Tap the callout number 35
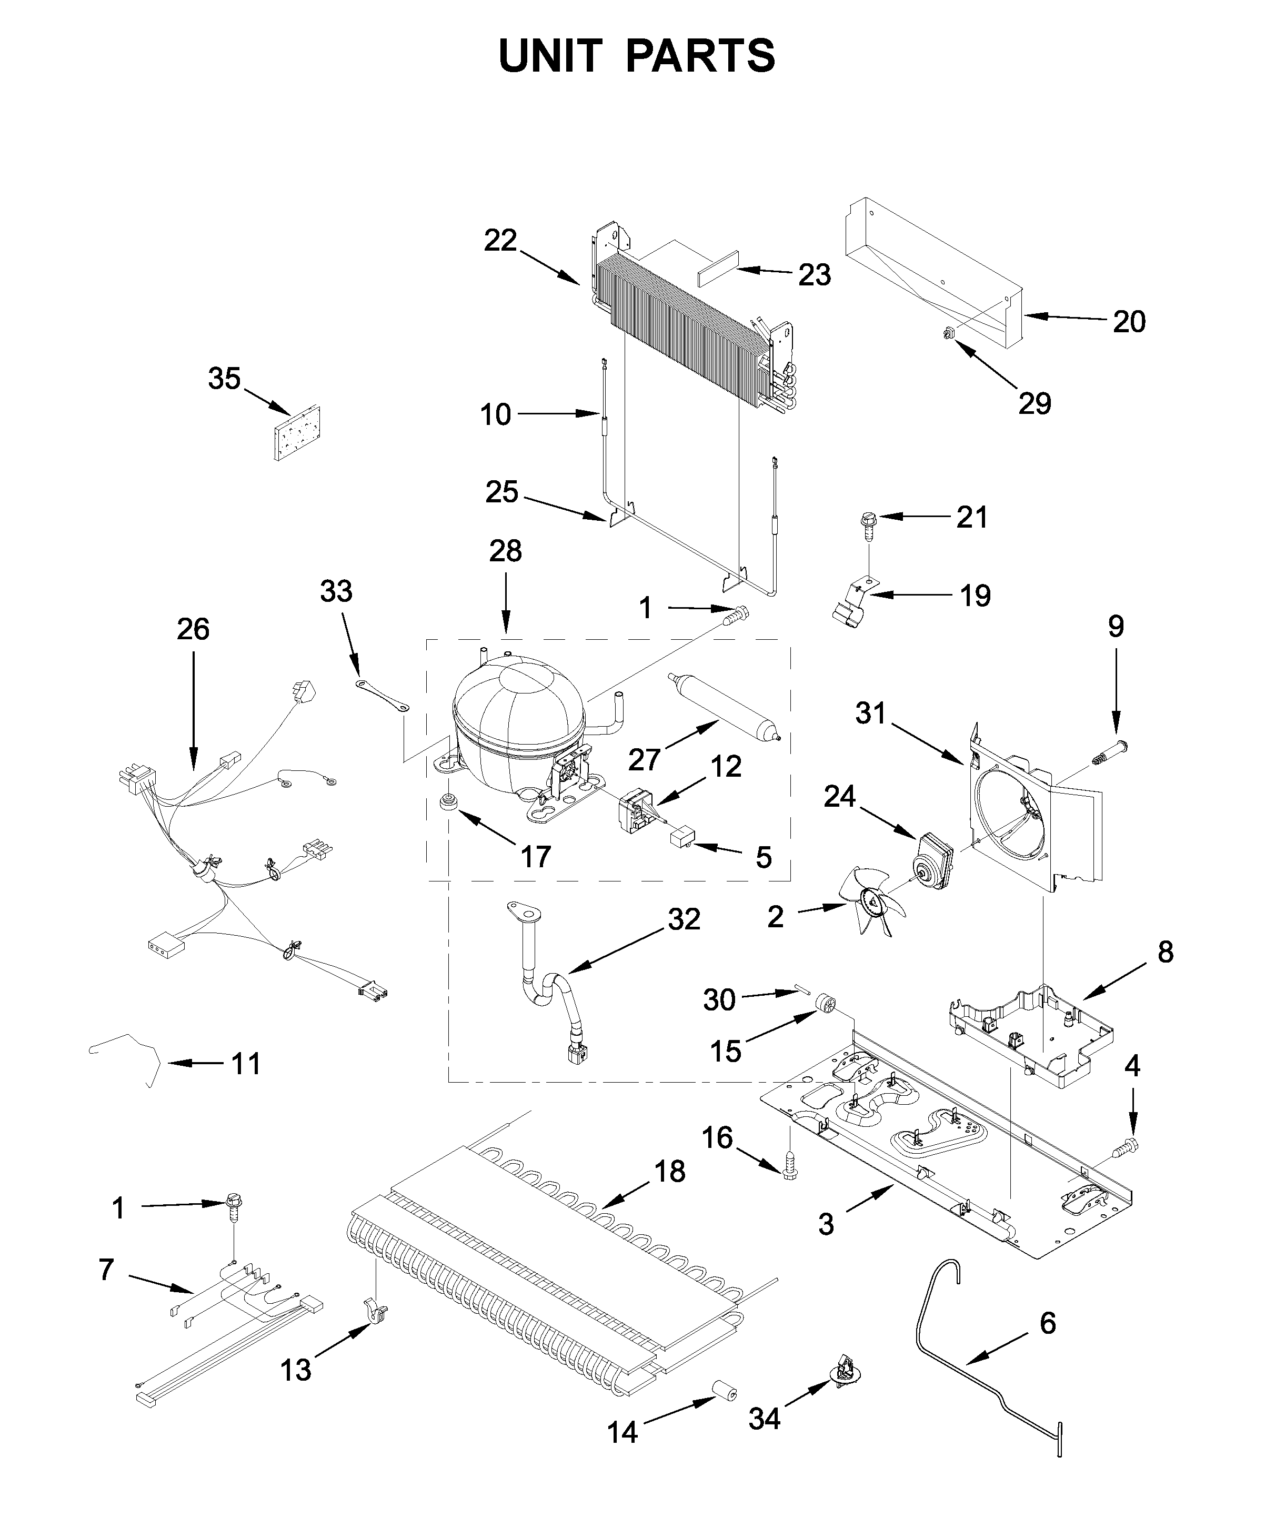point(224,379)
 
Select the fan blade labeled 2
point(871,898)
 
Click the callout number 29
point(1034,403)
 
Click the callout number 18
point(669,1172)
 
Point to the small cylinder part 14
point(724,1392)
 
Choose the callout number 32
point(684,919)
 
